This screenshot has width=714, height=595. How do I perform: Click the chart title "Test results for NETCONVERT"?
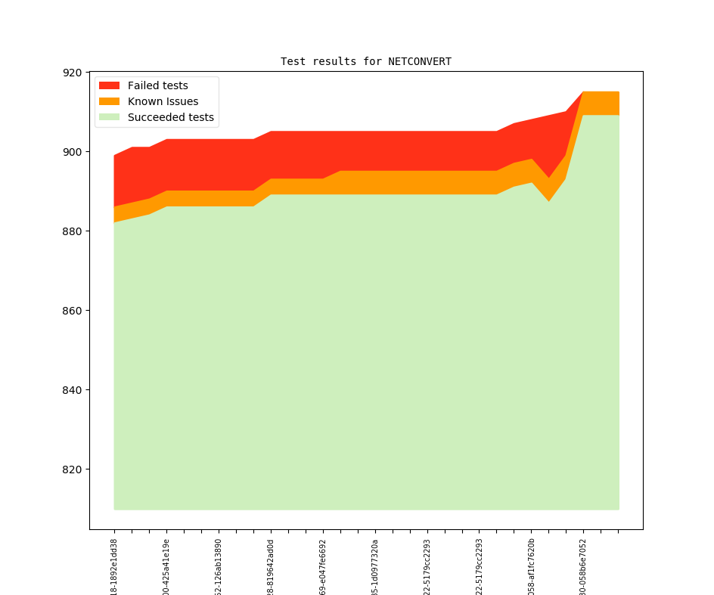[x=366, y=62]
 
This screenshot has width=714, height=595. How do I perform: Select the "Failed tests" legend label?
[x=157, y=85]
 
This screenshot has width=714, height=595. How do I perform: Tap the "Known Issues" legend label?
[x=163, y=101]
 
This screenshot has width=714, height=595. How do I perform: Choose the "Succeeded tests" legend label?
[x=170, y=117]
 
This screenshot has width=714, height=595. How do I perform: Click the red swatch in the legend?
[x=110, y=85]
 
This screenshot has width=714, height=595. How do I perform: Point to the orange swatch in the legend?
[x=110, y=101]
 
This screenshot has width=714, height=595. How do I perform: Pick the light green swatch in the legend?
[x=110, y=117]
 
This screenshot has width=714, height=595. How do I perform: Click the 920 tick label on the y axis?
[x=73, y=73]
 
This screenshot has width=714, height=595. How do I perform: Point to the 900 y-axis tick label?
[x=73, y=152]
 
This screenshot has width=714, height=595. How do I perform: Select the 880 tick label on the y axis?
[x=73, y=231]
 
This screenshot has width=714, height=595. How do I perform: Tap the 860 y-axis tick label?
[x=73, y=311]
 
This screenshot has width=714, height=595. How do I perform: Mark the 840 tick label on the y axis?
[x=73, y=390]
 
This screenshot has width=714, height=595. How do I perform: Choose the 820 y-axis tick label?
[x=73, y=469]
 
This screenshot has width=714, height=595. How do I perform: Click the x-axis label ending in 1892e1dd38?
[x=114, y=567]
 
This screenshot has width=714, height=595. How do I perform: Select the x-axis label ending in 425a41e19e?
[x=166, y=567]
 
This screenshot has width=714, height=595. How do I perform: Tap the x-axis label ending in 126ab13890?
[x=219, y=567]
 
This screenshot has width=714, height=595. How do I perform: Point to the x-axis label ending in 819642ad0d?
[x=271, y=567]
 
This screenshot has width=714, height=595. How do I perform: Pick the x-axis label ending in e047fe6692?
[x=323, y=567]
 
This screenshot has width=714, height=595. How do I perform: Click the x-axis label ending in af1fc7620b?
[x=531, y=567]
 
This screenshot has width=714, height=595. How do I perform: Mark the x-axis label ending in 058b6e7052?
[x=583, y=567]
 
